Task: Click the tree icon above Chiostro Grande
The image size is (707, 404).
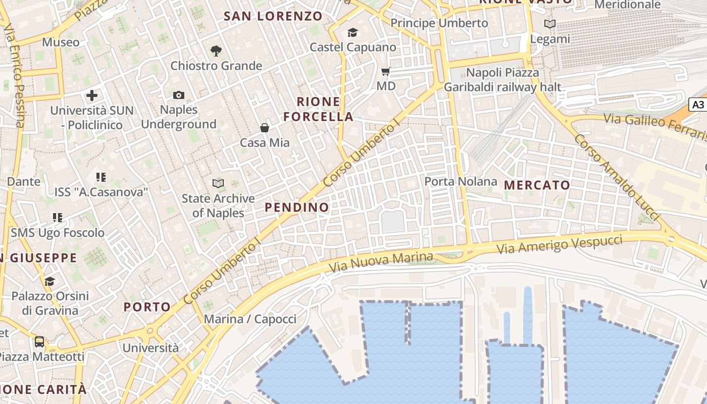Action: [x=216, y=50]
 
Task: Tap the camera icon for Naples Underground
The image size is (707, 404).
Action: [x=178, y=95]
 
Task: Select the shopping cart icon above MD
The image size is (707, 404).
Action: [x=386, y=72]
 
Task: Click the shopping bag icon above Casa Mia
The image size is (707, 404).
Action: [x=264, y=128]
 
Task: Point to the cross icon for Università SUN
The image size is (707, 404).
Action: [x=92, y=95]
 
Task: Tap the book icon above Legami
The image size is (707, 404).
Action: [x=550, y=24]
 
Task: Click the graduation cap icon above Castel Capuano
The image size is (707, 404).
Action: [x=352, y=33]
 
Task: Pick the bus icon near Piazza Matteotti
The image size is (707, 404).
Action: [x=39, y=342]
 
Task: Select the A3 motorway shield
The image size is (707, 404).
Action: [x=698, y=105]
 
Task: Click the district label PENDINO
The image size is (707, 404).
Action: [x=297, y=207]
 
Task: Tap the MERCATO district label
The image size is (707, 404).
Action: [x=537, y=185]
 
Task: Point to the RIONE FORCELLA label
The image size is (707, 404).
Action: [x=318, y=109]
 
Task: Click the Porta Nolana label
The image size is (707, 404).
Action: [x=461, y=181]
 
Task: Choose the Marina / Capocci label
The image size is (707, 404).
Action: [x=250, y=319]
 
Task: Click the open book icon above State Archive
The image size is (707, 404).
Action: [x=218, y=183]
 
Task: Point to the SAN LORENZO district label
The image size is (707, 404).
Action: [x=273, y=16]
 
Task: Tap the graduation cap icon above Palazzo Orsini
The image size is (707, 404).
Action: [x=49, y=281]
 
